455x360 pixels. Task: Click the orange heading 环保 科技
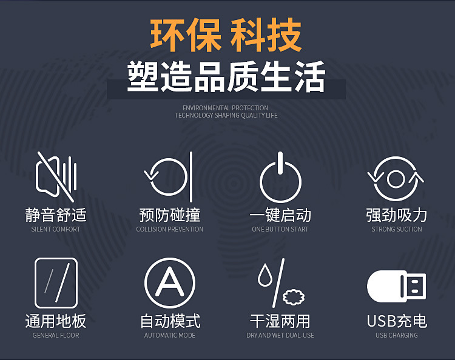226,35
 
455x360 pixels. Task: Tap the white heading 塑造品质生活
226,77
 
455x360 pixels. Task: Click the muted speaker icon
56,176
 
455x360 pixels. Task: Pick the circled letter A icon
170,283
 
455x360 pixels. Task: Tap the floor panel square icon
56,283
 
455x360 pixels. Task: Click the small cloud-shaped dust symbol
294,297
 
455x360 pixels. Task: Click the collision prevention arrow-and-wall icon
170,177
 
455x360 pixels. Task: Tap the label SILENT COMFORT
56,229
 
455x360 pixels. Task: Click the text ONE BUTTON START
280,229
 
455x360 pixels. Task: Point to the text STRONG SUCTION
397,229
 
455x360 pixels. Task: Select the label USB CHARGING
397,335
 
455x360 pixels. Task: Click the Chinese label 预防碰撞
170,215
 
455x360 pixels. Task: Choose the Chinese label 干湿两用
280,321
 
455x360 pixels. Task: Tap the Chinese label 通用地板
56,321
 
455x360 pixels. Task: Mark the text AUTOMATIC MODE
170,335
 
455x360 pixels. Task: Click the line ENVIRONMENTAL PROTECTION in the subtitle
226,108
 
